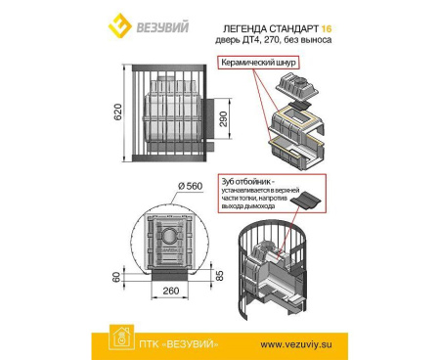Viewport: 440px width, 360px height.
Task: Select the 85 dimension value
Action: (x=227, y=277)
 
